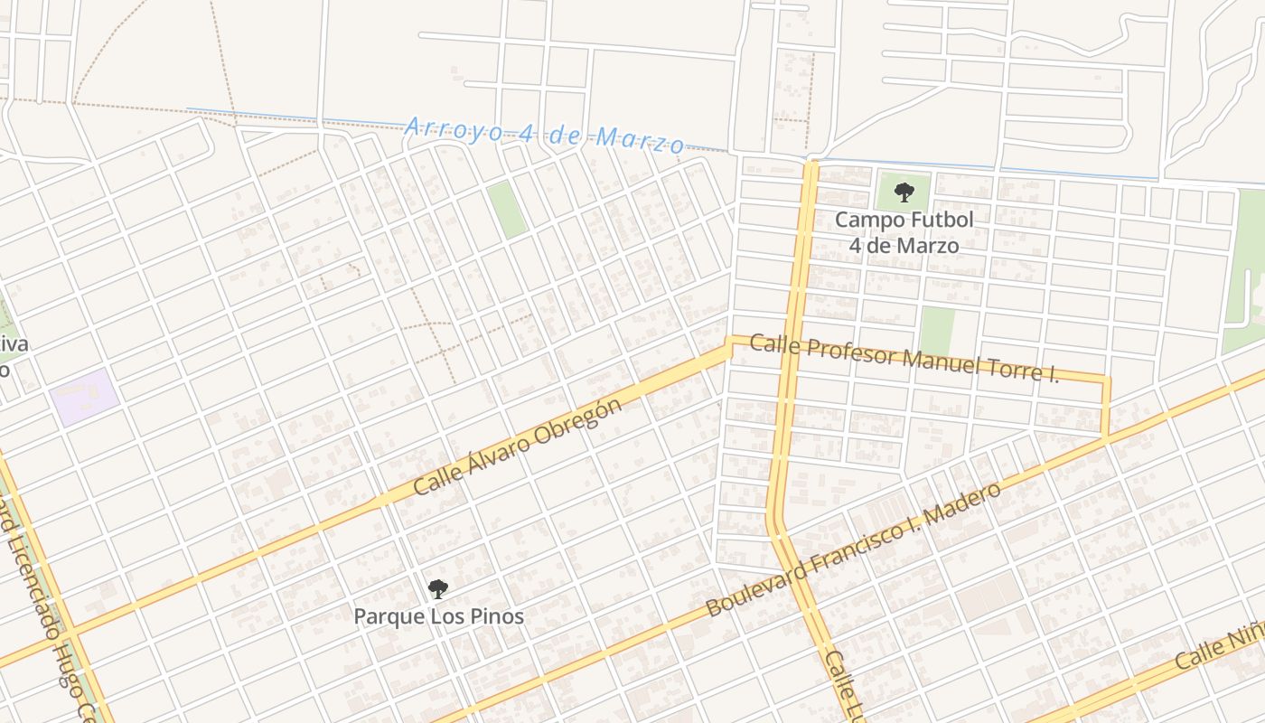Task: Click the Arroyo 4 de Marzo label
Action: (x=544, y=134)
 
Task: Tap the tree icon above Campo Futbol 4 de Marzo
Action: (x=904, y=192)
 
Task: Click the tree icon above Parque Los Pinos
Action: (x=438, y=589)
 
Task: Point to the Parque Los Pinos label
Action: (x=438, y=616)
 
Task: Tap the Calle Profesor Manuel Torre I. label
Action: (x=904, y=358)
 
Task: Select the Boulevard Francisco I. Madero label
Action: (x=854, y=549)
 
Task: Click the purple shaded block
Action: (x=84, y=396)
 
